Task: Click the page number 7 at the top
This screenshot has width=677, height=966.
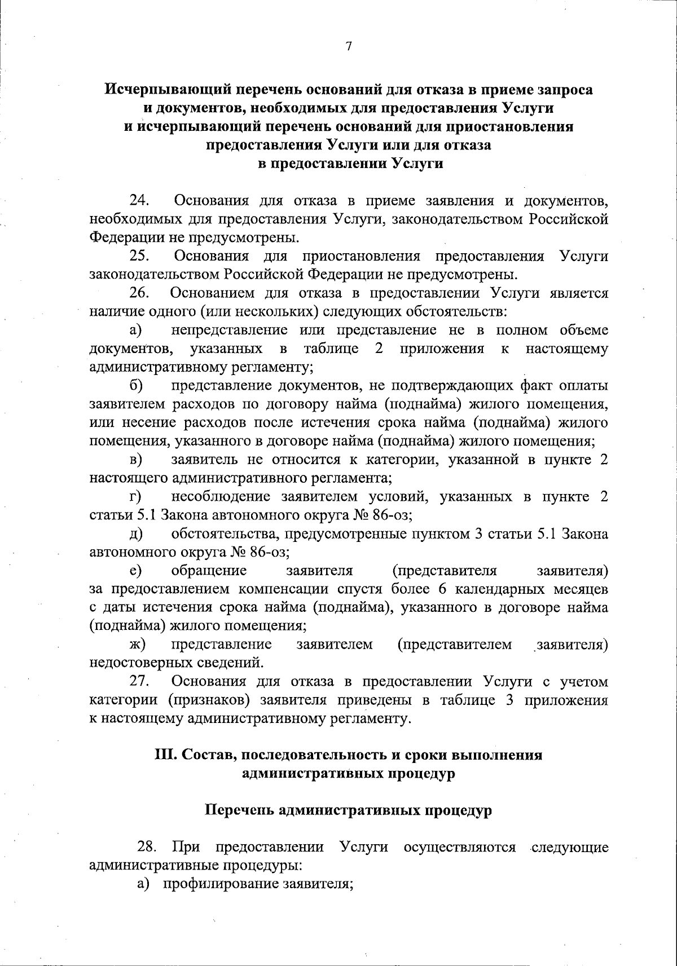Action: [348, 47]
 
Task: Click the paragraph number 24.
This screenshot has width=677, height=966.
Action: [139, 200]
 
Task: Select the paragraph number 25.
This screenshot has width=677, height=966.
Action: [139, 256]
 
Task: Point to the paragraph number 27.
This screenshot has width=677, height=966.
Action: [139, 681]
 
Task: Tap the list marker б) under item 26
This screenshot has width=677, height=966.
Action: [136, 386]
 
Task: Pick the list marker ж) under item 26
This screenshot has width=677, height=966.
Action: [137, 644]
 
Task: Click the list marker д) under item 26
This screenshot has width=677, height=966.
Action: [136, 533]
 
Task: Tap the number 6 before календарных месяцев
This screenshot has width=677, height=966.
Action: [441, 589]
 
